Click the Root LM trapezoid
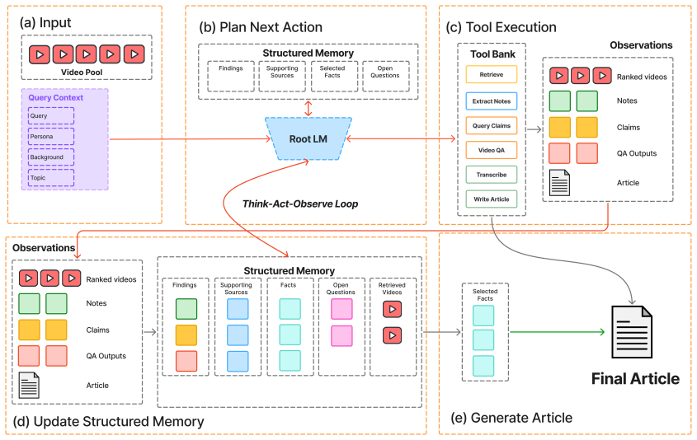[308, 139]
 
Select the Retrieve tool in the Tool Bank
[491, 75]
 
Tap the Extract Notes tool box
[491, 101]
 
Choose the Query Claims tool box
[491, 125]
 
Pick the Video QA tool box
[491, 150]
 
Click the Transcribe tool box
[491, 175]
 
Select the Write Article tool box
[491, 199]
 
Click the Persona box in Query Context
[51, 136]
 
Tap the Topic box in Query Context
[51, 178]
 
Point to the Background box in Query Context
[51, 157]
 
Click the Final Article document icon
[632, 332]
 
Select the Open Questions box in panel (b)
[385, 77]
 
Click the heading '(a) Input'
[45, 22]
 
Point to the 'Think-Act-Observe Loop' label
[300, 204]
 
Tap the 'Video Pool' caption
[82, 73]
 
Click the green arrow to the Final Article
[558, 332]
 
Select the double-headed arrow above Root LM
[308, 108]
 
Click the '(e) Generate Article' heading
[511, 418]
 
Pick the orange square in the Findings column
[186, 335]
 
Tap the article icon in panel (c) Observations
[559, 182]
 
